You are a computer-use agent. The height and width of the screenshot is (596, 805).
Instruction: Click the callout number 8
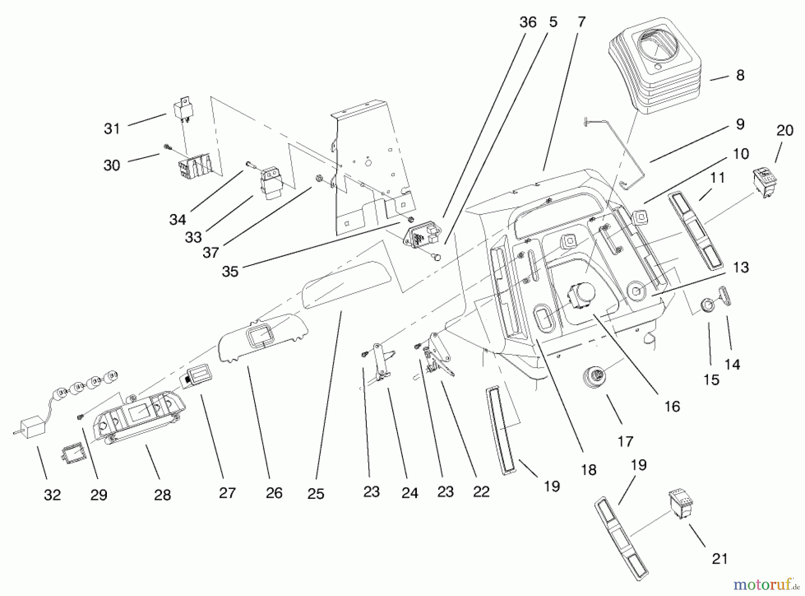coord(740,75)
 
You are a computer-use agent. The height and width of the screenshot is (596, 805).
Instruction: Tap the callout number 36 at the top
coord(528,22)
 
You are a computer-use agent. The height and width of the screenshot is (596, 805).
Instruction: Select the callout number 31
coord(112,129)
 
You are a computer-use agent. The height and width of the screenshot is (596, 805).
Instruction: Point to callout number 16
coord(672,407)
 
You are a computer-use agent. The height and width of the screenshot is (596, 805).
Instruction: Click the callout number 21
coord(720,558)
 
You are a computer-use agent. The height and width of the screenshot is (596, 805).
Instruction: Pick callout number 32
coord(52,495)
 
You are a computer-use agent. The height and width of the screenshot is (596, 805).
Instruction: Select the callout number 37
coord(211,253)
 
